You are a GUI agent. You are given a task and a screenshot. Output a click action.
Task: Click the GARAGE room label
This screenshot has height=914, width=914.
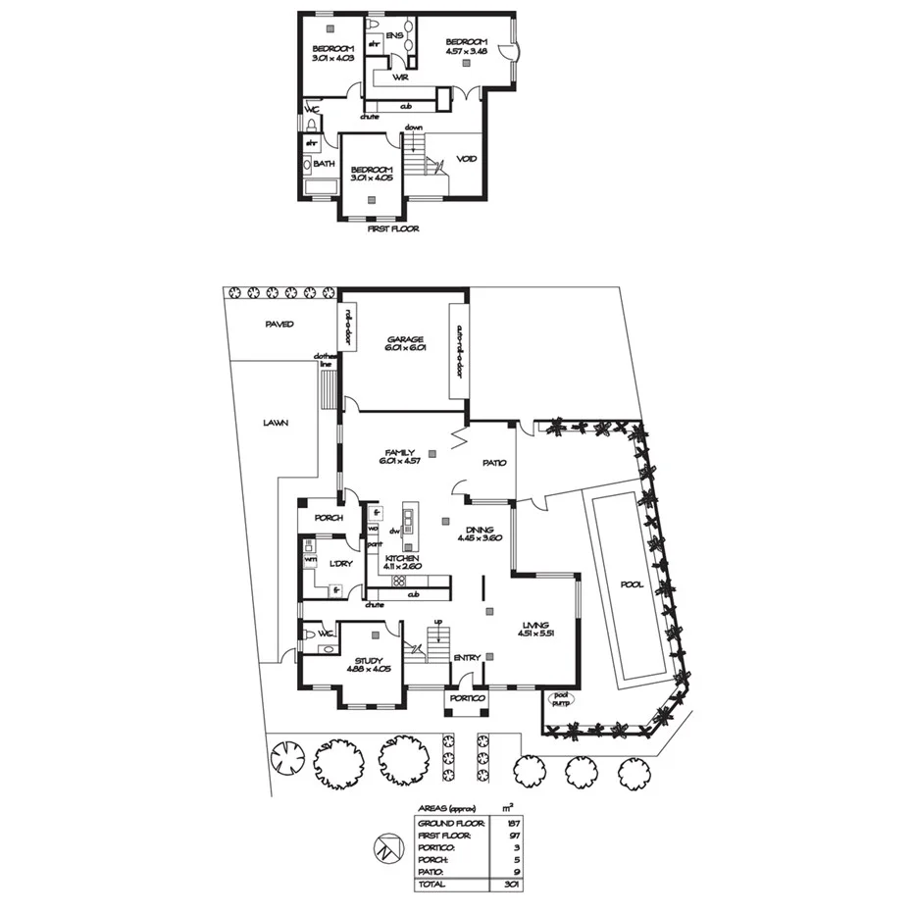403,340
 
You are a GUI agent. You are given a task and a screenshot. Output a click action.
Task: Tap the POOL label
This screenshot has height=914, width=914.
632,585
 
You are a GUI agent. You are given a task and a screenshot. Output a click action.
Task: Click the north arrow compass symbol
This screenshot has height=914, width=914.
386,847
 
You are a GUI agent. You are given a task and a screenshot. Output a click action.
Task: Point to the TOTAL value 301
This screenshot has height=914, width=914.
508,884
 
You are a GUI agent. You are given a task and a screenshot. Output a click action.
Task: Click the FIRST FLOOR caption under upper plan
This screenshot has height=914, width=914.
392,228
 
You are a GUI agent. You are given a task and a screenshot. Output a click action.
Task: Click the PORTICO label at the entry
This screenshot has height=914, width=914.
467,698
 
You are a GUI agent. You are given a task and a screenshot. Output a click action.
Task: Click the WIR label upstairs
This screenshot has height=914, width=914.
399,76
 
